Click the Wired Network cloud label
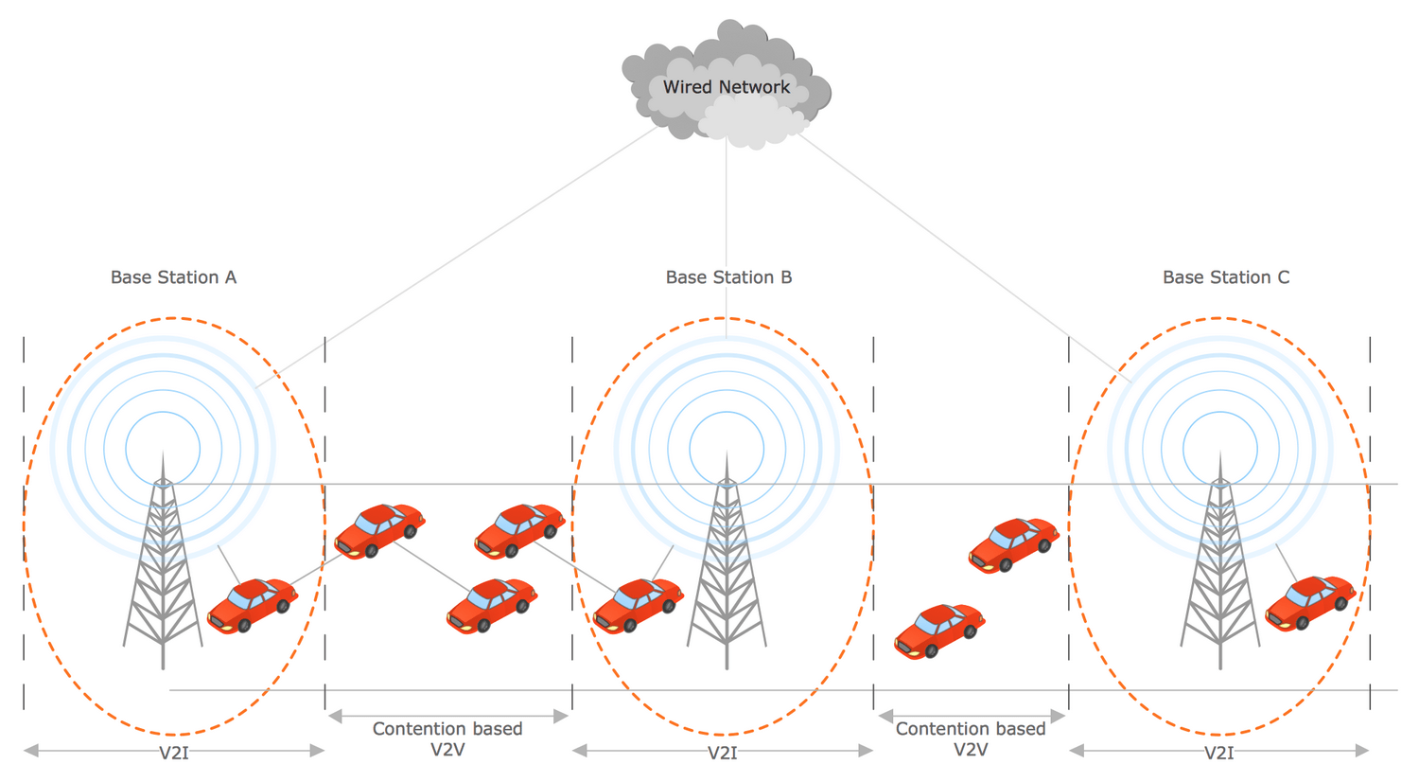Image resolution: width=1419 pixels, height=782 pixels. point(726,87)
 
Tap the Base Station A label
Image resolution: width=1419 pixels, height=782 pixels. point(173,277)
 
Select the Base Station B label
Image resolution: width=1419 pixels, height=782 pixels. point(728,277)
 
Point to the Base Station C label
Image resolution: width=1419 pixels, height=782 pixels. point(1226,277)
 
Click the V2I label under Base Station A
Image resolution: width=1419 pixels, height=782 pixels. point(173,753)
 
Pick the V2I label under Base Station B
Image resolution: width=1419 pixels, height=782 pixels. point(722,753)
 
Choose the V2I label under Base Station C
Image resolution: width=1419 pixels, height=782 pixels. point(1218,753)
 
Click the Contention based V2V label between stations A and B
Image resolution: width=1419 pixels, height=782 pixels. point(447,738)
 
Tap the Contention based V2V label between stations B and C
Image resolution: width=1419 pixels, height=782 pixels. point(971,738)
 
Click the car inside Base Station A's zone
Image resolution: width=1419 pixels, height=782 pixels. point(253,605)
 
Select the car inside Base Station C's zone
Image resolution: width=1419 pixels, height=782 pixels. point(1310,603)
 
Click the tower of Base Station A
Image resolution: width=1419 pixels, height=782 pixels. point(163,560)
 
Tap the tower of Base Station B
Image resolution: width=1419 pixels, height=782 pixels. point(727,560)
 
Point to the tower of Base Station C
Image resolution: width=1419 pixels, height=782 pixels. point(1220,560)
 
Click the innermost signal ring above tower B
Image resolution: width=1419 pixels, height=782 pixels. point(727,449)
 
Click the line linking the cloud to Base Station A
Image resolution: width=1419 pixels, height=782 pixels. point(456,257)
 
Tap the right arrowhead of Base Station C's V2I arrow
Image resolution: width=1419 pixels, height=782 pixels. point(1362,751)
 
